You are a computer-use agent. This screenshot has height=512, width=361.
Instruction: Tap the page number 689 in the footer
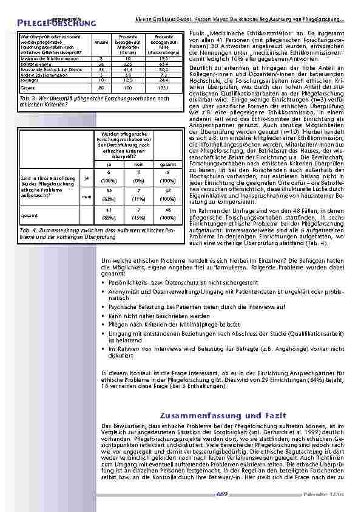click(222, 494)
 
